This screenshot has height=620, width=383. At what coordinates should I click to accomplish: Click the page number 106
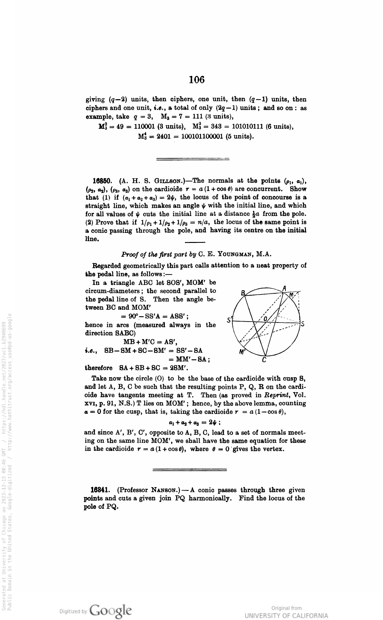click(197, 80)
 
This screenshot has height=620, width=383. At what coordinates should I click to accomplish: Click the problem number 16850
click(101, 181)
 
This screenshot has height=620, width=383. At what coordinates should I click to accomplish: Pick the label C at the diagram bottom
click(264, 360)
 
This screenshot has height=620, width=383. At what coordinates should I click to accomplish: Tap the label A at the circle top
click(284, 288)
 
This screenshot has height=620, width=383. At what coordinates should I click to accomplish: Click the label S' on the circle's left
click(229, 320)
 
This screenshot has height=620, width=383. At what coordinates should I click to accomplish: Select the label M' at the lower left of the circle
click(242, 352)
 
